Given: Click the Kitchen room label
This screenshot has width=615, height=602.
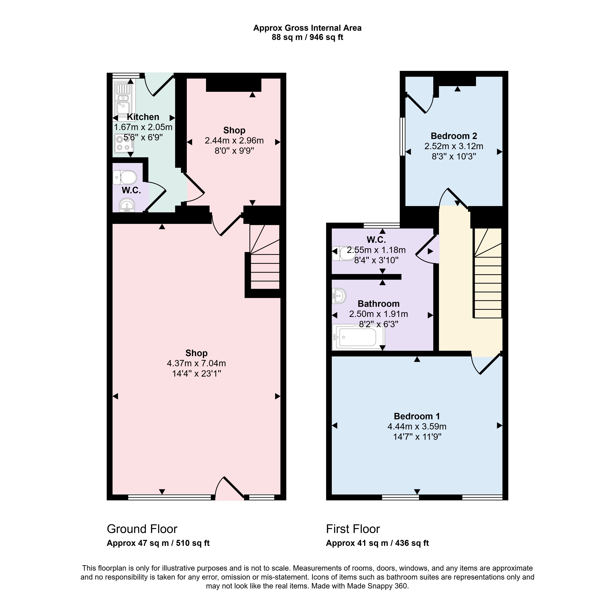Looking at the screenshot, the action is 143,117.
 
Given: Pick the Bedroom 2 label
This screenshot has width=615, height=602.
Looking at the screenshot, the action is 454,136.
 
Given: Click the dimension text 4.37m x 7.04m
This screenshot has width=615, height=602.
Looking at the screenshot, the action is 196,363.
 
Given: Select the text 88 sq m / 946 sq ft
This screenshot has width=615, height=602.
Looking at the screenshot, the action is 307,37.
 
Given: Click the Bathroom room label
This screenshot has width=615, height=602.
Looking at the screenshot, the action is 379,304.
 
